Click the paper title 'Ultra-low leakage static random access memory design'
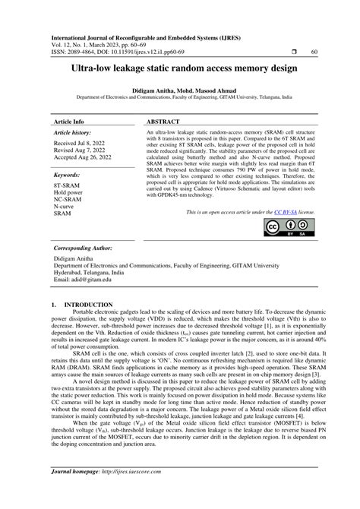179,68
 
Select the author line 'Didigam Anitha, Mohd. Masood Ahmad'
179,90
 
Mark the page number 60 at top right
314,52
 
